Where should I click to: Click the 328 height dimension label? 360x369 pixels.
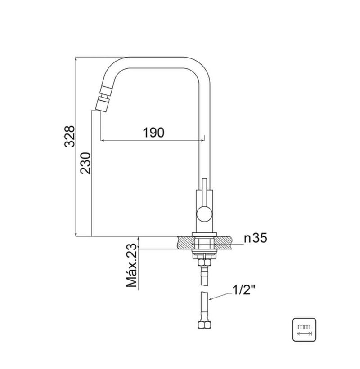point(69,137)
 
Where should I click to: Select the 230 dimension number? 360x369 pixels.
point(85,163)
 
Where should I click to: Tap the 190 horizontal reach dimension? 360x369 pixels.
point(153,133)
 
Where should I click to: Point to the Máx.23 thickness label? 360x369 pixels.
point(131,266)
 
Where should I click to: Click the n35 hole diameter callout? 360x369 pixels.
point(256,238)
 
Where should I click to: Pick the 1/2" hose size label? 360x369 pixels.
point(244,290)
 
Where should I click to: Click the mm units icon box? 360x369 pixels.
point(304,329)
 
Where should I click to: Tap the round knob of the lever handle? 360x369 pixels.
point(204,213)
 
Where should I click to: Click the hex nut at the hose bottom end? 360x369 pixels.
point(204,325)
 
